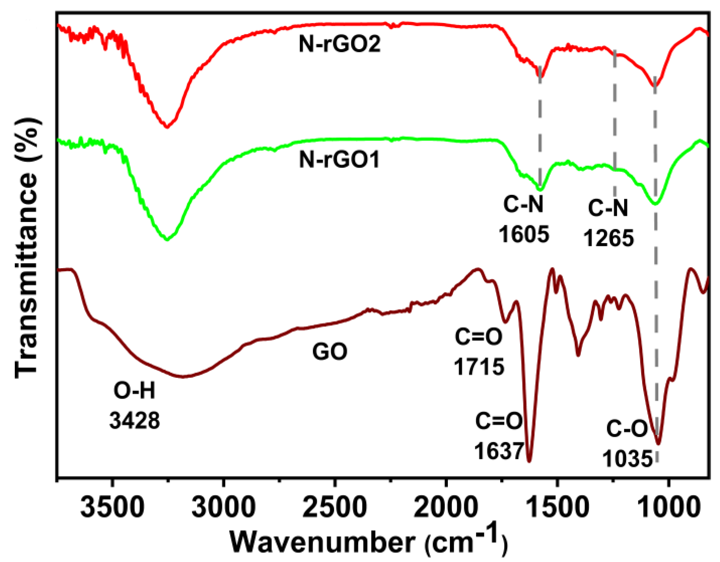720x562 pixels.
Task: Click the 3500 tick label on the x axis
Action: coord(113,506)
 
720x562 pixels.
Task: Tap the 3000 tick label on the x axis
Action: coord(224,506)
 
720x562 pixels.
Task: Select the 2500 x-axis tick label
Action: coord(335,506)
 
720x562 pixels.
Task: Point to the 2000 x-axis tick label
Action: coord(445,506)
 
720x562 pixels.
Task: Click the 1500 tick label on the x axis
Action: coord(557,506)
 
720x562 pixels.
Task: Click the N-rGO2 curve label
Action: coord(340,44)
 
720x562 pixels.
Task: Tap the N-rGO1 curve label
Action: coord(339,159)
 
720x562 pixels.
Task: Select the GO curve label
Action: coord(329,352)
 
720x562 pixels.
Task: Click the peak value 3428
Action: coord(135,420)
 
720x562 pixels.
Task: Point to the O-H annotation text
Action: coord(135,391)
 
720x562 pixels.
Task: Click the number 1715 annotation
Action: coord(479,367)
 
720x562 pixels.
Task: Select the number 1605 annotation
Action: coord(524,234)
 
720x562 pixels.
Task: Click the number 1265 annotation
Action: coord(608,238)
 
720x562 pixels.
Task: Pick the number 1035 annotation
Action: coord(627,458)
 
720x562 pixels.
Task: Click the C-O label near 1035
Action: coord(627,429)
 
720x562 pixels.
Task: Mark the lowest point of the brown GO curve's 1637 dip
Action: coord(529,461)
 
